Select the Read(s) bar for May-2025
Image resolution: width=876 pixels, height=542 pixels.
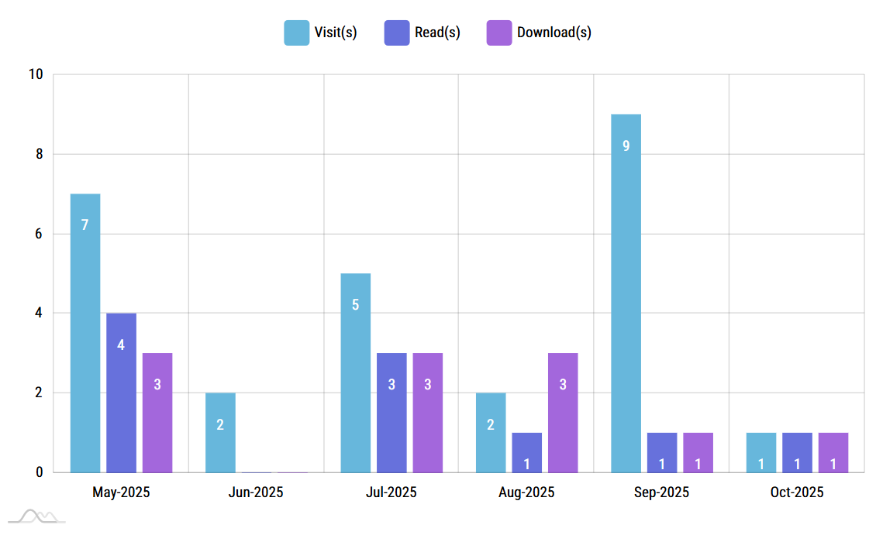coord(121,393)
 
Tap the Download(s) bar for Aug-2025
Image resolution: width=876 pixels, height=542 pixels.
coord(563,413)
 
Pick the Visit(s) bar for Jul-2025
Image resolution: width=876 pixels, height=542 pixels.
coord(355,372)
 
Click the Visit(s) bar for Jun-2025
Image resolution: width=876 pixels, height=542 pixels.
coord(220,432)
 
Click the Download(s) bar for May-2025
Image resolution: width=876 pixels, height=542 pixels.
coord(157,413)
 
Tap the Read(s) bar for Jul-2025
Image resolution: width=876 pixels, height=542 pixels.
coord(391,413)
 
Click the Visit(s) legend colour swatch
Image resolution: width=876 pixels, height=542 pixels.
coord(296,33)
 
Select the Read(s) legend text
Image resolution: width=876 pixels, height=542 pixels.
coord(437,33)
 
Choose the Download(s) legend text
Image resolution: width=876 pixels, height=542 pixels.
coord(554,33)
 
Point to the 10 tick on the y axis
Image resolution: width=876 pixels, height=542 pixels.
coord(36,75)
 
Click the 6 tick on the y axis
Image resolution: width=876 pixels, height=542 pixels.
coord(39,234)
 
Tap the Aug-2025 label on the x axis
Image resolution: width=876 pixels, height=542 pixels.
coord(526,492)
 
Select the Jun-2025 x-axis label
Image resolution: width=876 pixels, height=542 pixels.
coord(256,492)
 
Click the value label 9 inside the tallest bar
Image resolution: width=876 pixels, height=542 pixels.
coord(626,146)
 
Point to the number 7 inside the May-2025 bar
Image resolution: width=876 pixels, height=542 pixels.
coord(84,225)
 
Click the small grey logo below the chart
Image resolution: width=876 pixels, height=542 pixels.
coord(37,516)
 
